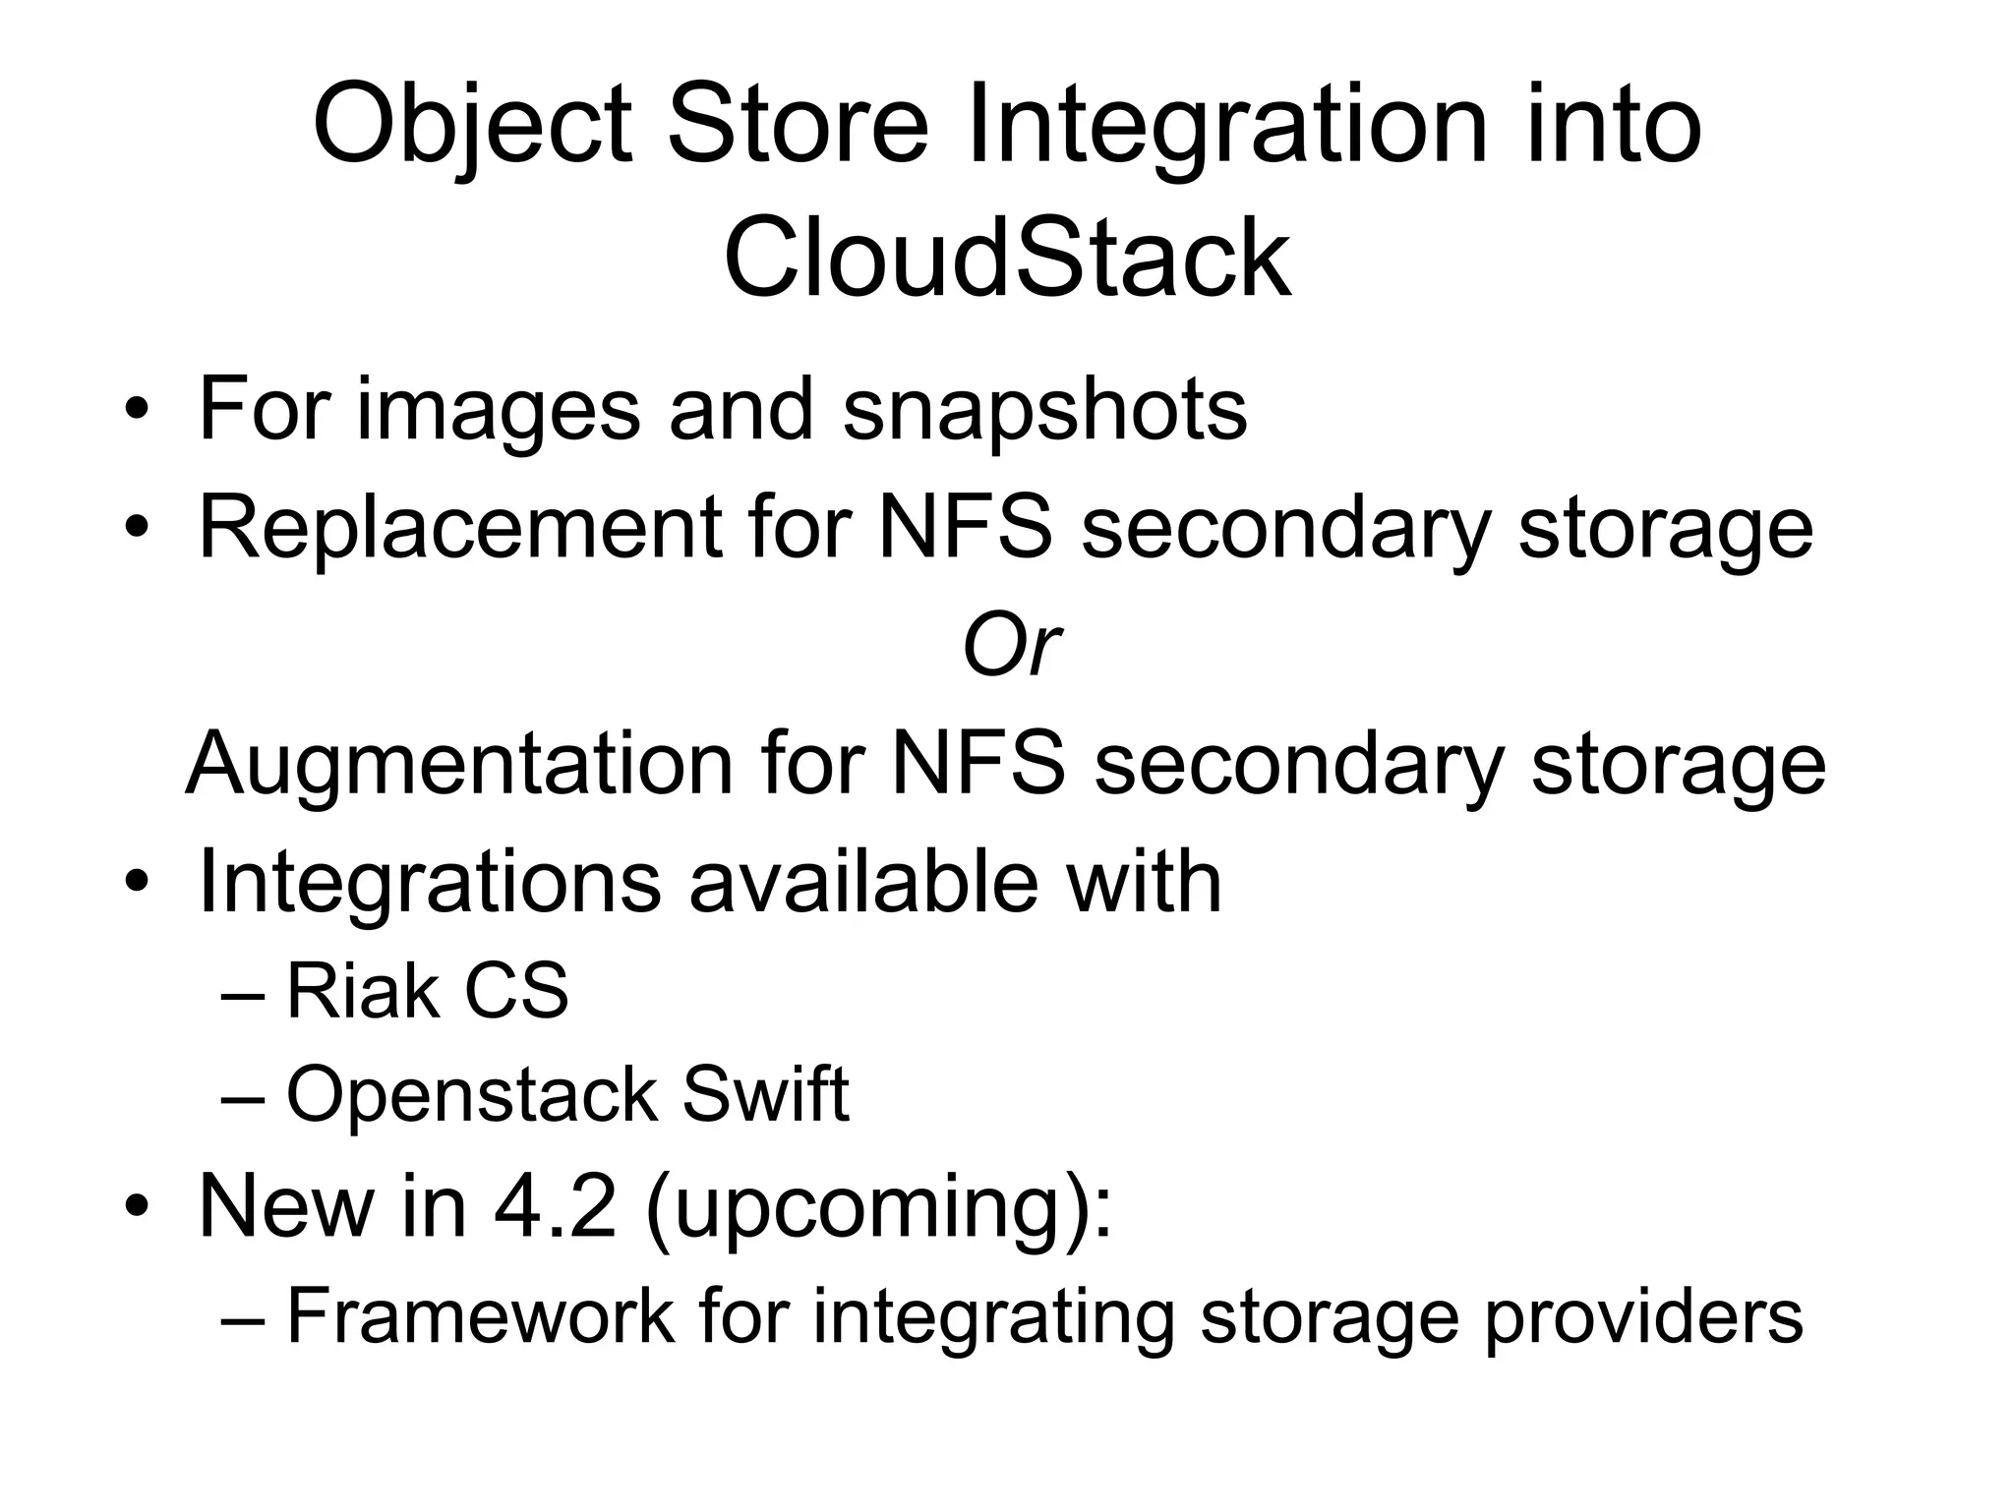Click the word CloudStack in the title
(x=1007, y=259)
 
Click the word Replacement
(x=459, y=527)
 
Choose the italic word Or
(x=1010, y=647)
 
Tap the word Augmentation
(x=459, y=764)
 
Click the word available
(x=862, y=881)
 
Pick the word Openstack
(x=471, y=1095)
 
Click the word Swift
(x=765, y=1095)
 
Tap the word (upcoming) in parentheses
(x=878, y=1208)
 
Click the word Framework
(x=480, y=1315)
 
